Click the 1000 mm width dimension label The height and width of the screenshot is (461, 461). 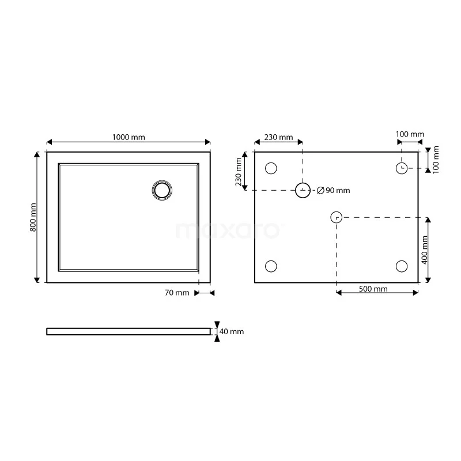pos(129,137)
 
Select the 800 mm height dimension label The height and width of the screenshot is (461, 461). pos(33,217)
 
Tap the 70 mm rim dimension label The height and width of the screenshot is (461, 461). pos(177,293)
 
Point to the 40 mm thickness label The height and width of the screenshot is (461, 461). pos(232,331)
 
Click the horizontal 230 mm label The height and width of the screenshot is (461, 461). pos(278,137)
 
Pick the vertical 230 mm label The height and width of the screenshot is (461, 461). pos(238,172)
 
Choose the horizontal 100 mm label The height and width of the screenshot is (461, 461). pos(410,134)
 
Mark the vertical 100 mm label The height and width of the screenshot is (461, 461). pos(436,160)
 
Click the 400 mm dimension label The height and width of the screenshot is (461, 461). pos(424,250)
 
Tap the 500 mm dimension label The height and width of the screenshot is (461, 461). pos(373,289)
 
